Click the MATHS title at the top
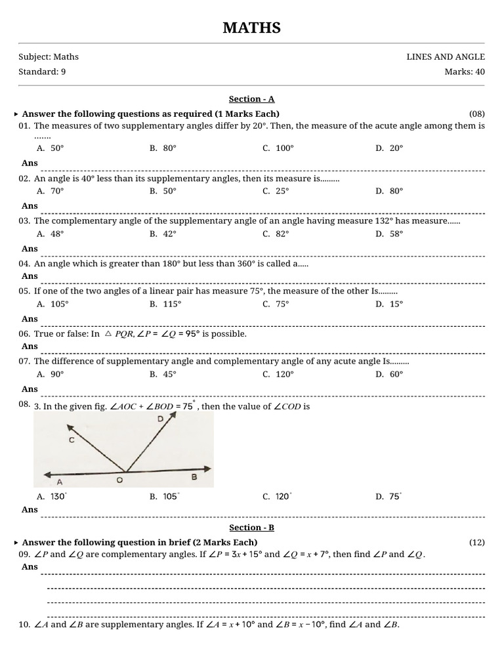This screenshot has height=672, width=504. [251, 28]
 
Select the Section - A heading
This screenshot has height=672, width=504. [251, 99]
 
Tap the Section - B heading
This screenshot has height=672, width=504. [251, 528]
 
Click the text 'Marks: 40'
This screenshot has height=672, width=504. [465, 72]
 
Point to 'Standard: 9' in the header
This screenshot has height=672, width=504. [42, 72]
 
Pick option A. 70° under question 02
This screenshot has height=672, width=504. [51, 191]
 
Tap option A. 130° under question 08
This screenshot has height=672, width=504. [52, 497]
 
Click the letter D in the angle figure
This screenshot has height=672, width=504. [160, 419]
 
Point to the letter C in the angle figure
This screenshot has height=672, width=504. [72, 441]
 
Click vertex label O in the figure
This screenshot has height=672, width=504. [119, 480]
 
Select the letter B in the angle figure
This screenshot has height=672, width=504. [194, 477]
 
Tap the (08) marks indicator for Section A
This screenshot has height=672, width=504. [476, 114]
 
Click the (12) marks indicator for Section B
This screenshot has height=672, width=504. [476, 542]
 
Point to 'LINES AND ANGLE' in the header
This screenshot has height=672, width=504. [446, 57]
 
